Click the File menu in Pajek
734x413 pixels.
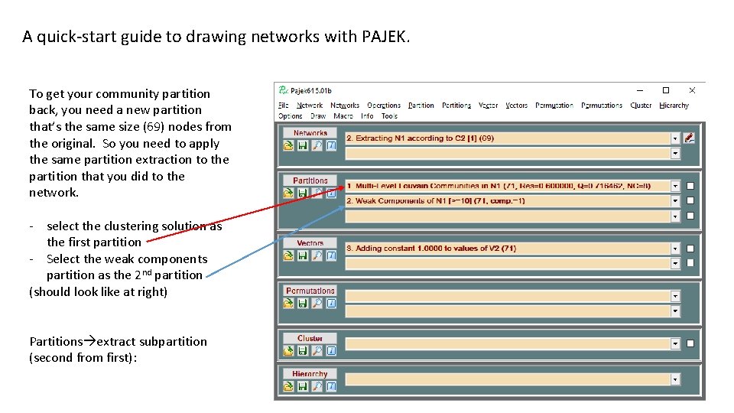[x=283, y=106]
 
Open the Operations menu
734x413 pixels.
[x=383, y=106]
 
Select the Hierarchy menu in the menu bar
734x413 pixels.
[x=674, y=106]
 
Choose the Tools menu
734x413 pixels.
[x=389, y=116]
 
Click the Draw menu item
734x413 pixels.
[x=318, y=116]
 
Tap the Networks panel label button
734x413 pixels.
[x=310, y=133]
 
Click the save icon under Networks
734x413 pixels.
[x=303, y=145]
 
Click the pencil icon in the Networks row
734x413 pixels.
[x=690, y=138]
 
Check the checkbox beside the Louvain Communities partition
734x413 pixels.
[x=690, y=186]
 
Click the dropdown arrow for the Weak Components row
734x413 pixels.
[x=675, y=201]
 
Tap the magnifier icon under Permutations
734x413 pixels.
[x=317, y=304]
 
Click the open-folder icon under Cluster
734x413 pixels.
[x=289, y=351]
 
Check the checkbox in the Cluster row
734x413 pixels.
[x=690, y=343]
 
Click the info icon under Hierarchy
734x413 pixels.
[x=330, y=387]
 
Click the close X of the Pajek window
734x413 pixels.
[x=692, y=90]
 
